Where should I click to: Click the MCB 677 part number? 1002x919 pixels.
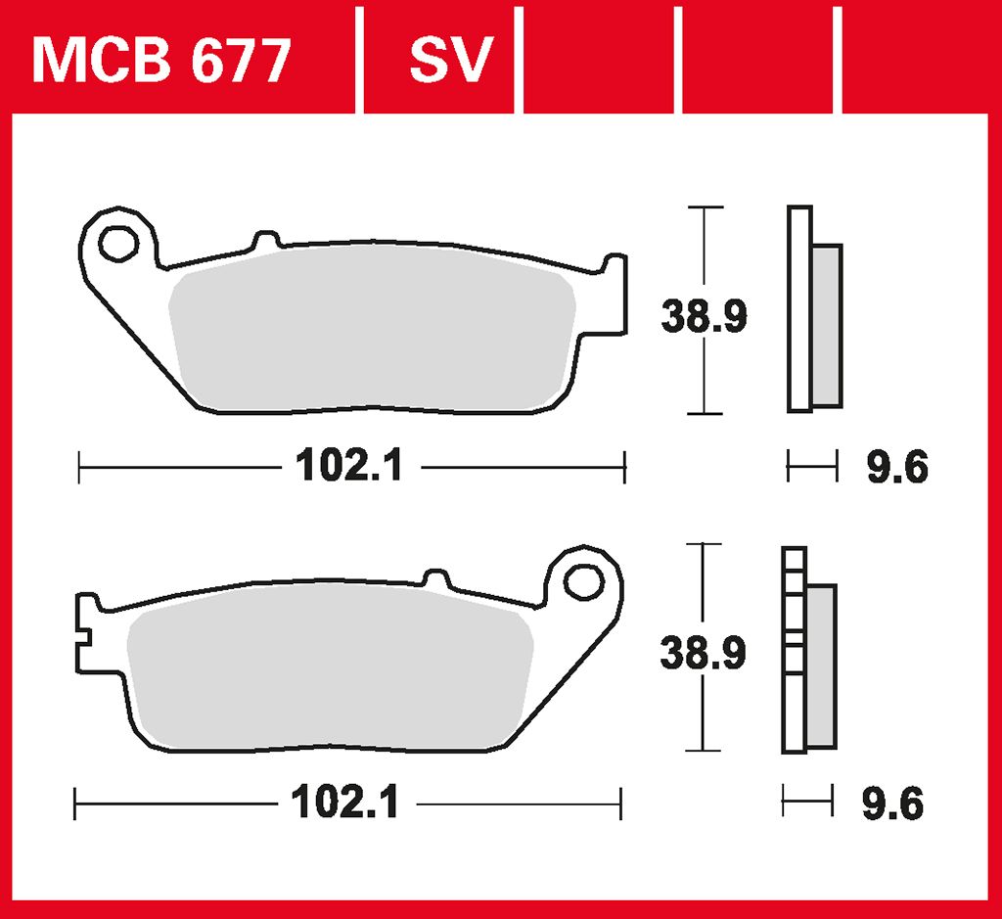(161, 61)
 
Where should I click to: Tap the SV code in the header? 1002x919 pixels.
(451, 60)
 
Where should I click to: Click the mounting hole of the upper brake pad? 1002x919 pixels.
(118, 244)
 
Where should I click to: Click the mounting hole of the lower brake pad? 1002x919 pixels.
(583, 581)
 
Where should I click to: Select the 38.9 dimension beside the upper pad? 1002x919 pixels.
(704, 316)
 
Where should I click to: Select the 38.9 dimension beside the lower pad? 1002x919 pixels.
(703, 653)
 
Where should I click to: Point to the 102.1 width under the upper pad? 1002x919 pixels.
(349, 466)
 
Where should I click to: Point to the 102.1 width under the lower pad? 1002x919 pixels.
(345, 803)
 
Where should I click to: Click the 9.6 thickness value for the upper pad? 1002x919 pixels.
(897, 467)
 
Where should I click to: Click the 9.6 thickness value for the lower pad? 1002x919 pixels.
(892, 804)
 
